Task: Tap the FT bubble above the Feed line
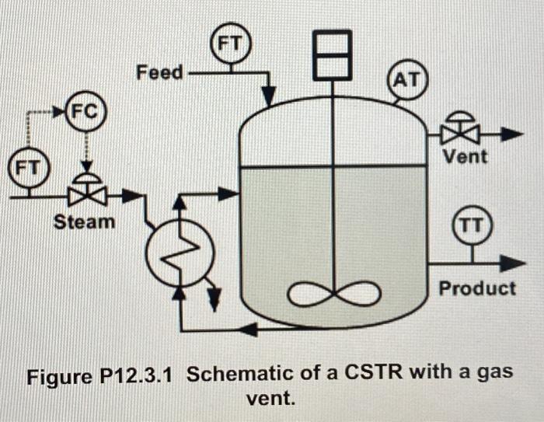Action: pos(230,45)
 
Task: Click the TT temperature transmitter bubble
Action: pos(472,225)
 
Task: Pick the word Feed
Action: pos(160,73)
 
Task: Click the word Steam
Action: pos(83,221)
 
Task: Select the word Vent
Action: pos(465,157)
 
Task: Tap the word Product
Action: pos(476,288)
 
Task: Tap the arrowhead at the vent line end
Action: pos(511,135)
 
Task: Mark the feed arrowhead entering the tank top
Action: pos(268,98)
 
